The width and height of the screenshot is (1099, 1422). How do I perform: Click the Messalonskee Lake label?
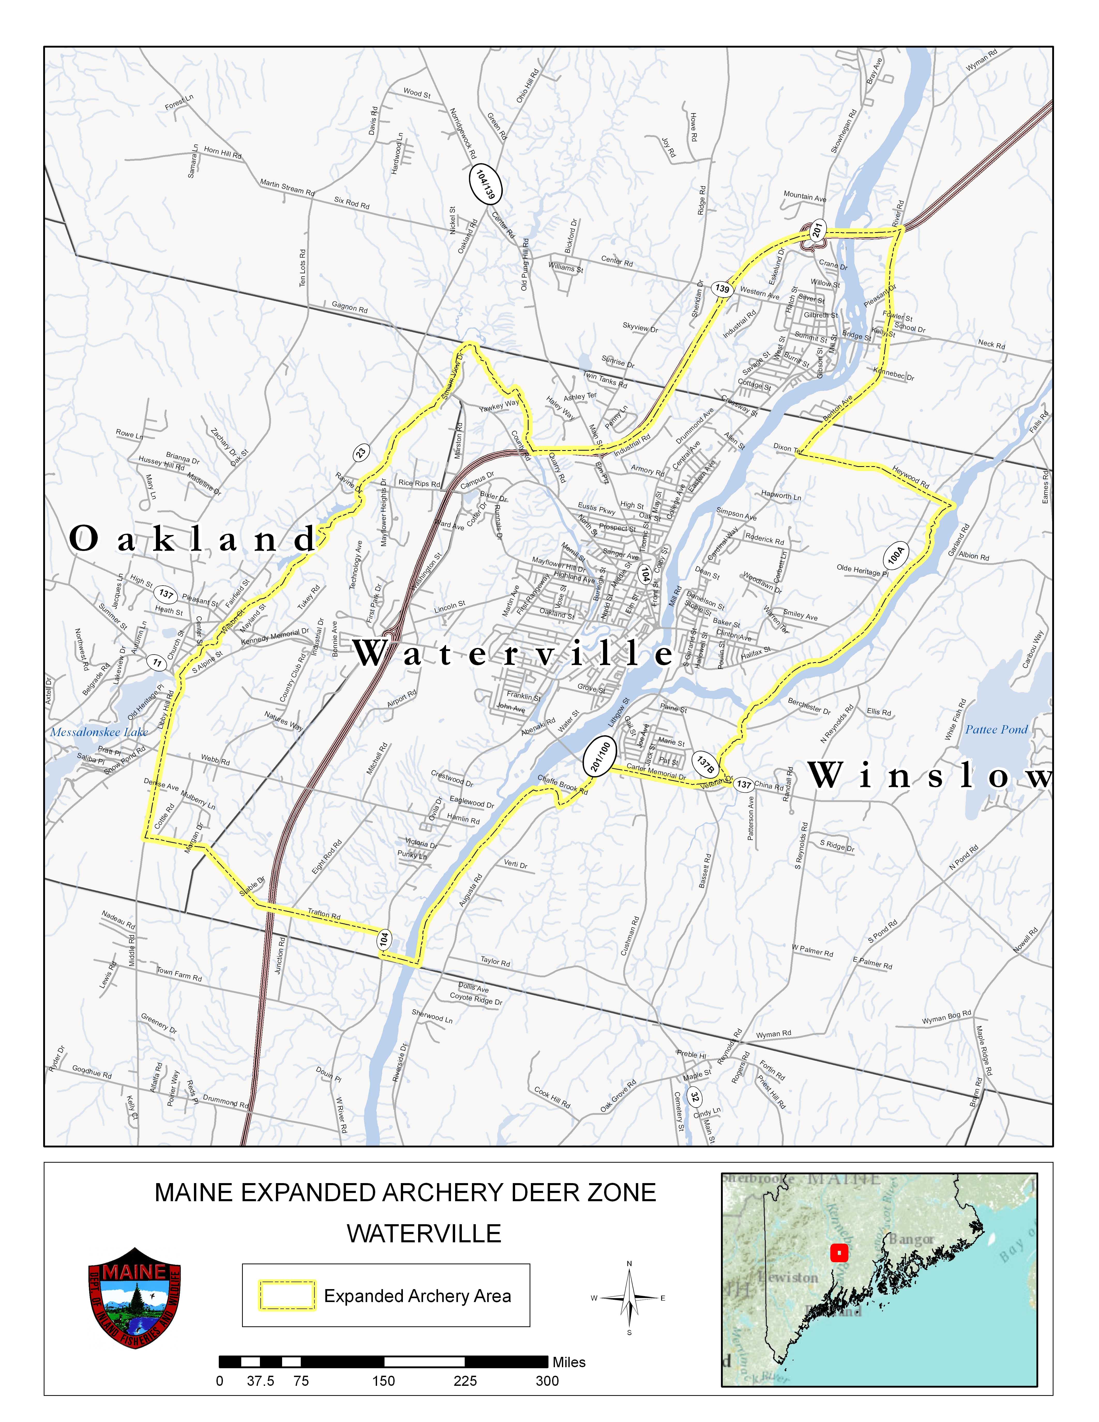[x=99, y=732]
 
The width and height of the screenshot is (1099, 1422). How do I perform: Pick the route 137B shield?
[x=706, y=765]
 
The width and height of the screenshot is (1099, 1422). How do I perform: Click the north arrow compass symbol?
[x=629, y=1298]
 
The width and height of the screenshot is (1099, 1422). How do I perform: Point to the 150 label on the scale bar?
[x=383, y=1381]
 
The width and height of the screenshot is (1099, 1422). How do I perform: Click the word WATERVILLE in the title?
[x=424, y=1233]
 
